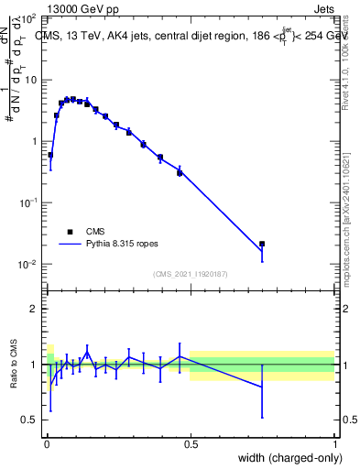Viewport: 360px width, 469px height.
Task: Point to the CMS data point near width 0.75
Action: [x=262, y=244]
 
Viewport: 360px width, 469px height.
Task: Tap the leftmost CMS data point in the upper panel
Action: [x=50, y=155]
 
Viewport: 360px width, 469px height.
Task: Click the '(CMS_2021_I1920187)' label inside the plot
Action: [x=190, y=274]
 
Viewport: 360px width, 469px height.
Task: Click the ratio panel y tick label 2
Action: [x=34, y=309]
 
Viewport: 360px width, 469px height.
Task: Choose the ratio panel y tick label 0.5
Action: [x=29, y=420]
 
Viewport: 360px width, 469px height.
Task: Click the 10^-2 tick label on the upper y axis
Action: [x=28, y=265]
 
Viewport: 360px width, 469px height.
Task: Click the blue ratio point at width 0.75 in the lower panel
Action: [x=262, y=387]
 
